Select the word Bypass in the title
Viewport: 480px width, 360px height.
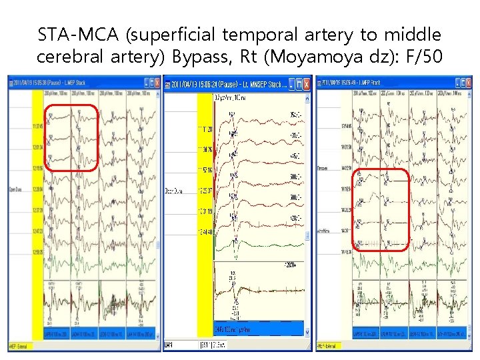click(193, 57)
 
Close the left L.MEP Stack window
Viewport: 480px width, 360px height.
click(156, 82)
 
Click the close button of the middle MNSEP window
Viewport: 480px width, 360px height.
click(306, 84)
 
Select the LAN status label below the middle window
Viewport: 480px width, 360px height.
click(169, 345)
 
